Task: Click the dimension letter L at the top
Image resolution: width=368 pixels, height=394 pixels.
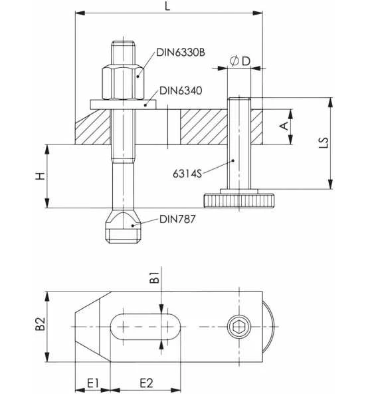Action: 167,5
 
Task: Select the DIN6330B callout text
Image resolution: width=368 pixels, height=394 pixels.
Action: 181,53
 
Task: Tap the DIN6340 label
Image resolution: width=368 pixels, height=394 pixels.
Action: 181,91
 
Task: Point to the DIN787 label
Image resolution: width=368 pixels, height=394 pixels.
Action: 177,219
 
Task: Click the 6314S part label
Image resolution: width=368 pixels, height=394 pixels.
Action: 187,174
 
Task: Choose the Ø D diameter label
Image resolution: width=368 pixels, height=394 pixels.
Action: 240,61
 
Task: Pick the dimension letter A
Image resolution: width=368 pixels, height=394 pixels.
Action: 284,126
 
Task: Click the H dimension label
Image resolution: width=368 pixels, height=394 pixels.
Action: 40,176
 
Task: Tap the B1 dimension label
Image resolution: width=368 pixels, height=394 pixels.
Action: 154,277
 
